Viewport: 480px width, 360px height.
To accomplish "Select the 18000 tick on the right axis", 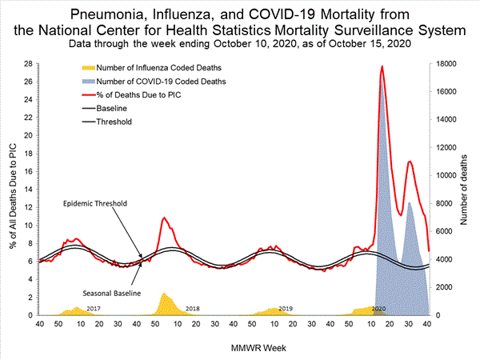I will (x=446, y=64).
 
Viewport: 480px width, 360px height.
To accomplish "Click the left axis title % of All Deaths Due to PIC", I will (x=11, y=190).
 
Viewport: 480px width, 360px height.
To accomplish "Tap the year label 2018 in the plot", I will (x=192, y=308).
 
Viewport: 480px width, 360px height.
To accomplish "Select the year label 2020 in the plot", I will (x=379, y=308).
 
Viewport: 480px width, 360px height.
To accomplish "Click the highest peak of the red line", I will (x=382, y=66).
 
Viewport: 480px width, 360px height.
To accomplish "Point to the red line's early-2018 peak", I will (x=164, y=218).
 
